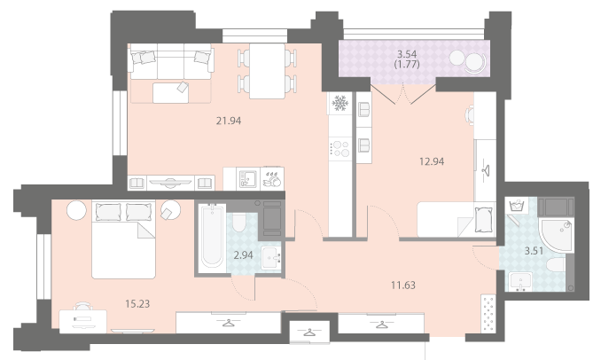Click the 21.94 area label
coord(229,121)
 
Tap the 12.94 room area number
coord(432,161)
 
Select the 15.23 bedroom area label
coord(137,304)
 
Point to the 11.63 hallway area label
coord(403,286)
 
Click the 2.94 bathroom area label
coord(244,255)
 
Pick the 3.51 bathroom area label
coord(534,251)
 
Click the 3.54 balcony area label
coord(407,54)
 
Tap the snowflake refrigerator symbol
coord(340,103)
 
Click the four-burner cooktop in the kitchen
coord(340,149)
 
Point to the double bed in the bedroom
coord(123,239)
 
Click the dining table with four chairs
coord(267,71)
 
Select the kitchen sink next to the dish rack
coord(248,178)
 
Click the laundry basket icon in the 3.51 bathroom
coord(516,206)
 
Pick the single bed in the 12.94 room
coord(457,220)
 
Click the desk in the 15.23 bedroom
coord(82,321)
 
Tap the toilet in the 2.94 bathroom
coord(238,223)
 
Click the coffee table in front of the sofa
coord(170,92)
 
